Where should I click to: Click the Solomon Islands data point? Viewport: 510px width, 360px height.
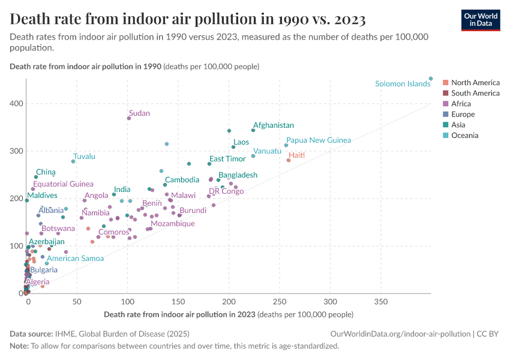coord(431,79)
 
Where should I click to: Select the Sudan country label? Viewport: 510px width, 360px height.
coord(139,113)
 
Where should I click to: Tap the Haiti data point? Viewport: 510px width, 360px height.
coord(289,160)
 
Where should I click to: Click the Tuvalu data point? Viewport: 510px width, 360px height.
coord(73,161)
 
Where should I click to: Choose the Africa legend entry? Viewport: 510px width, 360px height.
coord(461,104)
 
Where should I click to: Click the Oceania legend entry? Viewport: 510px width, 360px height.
coord(464,136)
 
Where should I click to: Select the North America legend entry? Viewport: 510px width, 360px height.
coord(475,82)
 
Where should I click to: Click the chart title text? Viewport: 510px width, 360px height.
coord(188,19)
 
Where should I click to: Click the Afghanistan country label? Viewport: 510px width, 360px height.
coord(273,125)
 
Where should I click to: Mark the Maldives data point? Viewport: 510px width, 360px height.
coord(26,200)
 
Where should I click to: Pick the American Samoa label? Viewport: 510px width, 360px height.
coord(75,259)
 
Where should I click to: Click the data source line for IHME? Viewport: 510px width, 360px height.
coord(100,334)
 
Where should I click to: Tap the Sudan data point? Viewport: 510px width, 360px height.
coord(129,118)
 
